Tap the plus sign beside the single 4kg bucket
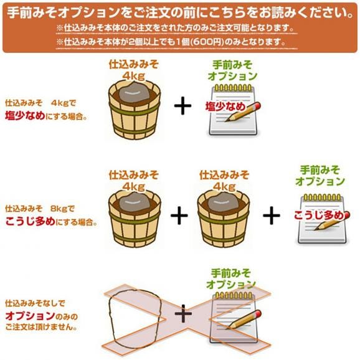point(182,106)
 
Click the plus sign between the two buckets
point(179,216)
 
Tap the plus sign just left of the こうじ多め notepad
point(271,216)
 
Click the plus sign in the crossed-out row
point(183,314)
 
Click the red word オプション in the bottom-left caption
point(25,316)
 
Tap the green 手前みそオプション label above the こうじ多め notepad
point(320,175)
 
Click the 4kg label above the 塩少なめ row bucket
point(134,76)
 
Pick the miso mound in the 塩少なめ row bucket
point(134,93)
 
